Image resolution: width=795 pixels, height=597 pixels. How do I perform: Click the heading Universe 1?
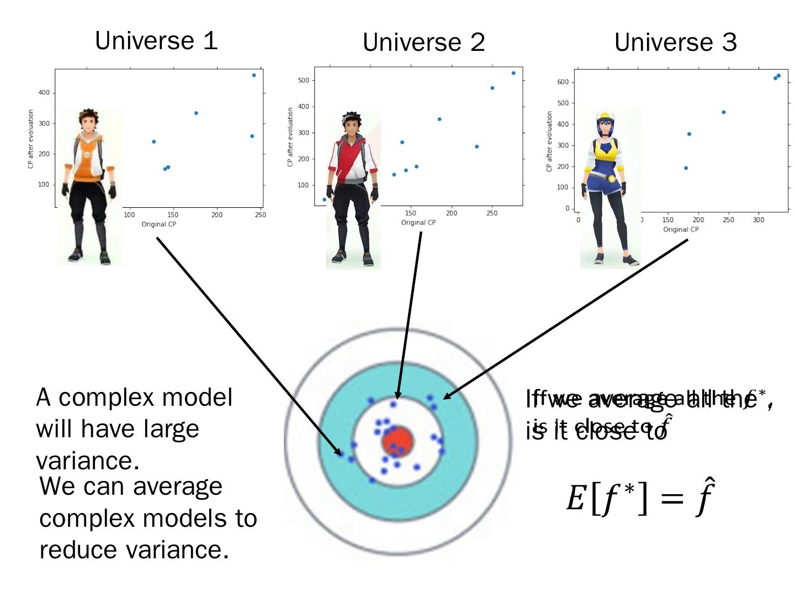156,41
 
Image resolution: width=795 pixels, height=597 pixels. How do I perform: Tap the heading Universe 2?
423,43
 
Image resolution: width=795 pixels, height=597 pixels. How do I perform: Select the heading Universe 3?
675,43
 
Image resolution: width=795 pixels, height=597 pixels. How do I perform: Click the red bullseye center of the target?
397,441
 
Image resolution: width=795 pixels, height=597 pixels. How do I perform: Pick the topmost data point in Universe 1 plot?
254,75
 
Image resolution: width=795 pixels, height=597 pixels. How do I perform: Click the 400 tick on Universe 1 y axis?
44,93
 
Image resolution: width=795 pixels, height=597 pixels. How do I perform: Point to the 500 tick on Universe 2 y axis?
303,81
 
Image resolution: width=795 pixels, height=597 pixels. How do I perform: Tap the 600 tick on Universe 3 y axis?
563,82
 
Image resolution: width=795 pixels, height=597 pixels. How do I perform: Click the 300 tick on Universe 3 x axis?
759,220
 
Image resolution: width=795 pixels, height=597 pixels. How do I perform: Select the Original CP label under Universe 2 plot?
418,222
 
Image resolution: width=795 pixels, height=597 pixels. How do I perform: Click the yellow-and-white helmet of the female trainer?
606,117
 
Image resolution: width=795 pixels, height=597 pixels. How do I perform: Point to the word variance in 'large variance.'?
87,460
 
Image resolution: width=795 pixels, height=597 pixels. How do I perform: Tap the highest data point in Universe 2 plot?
513,73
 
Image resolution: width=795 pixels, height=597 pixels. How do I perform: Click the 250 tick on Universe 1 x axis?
260,215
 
